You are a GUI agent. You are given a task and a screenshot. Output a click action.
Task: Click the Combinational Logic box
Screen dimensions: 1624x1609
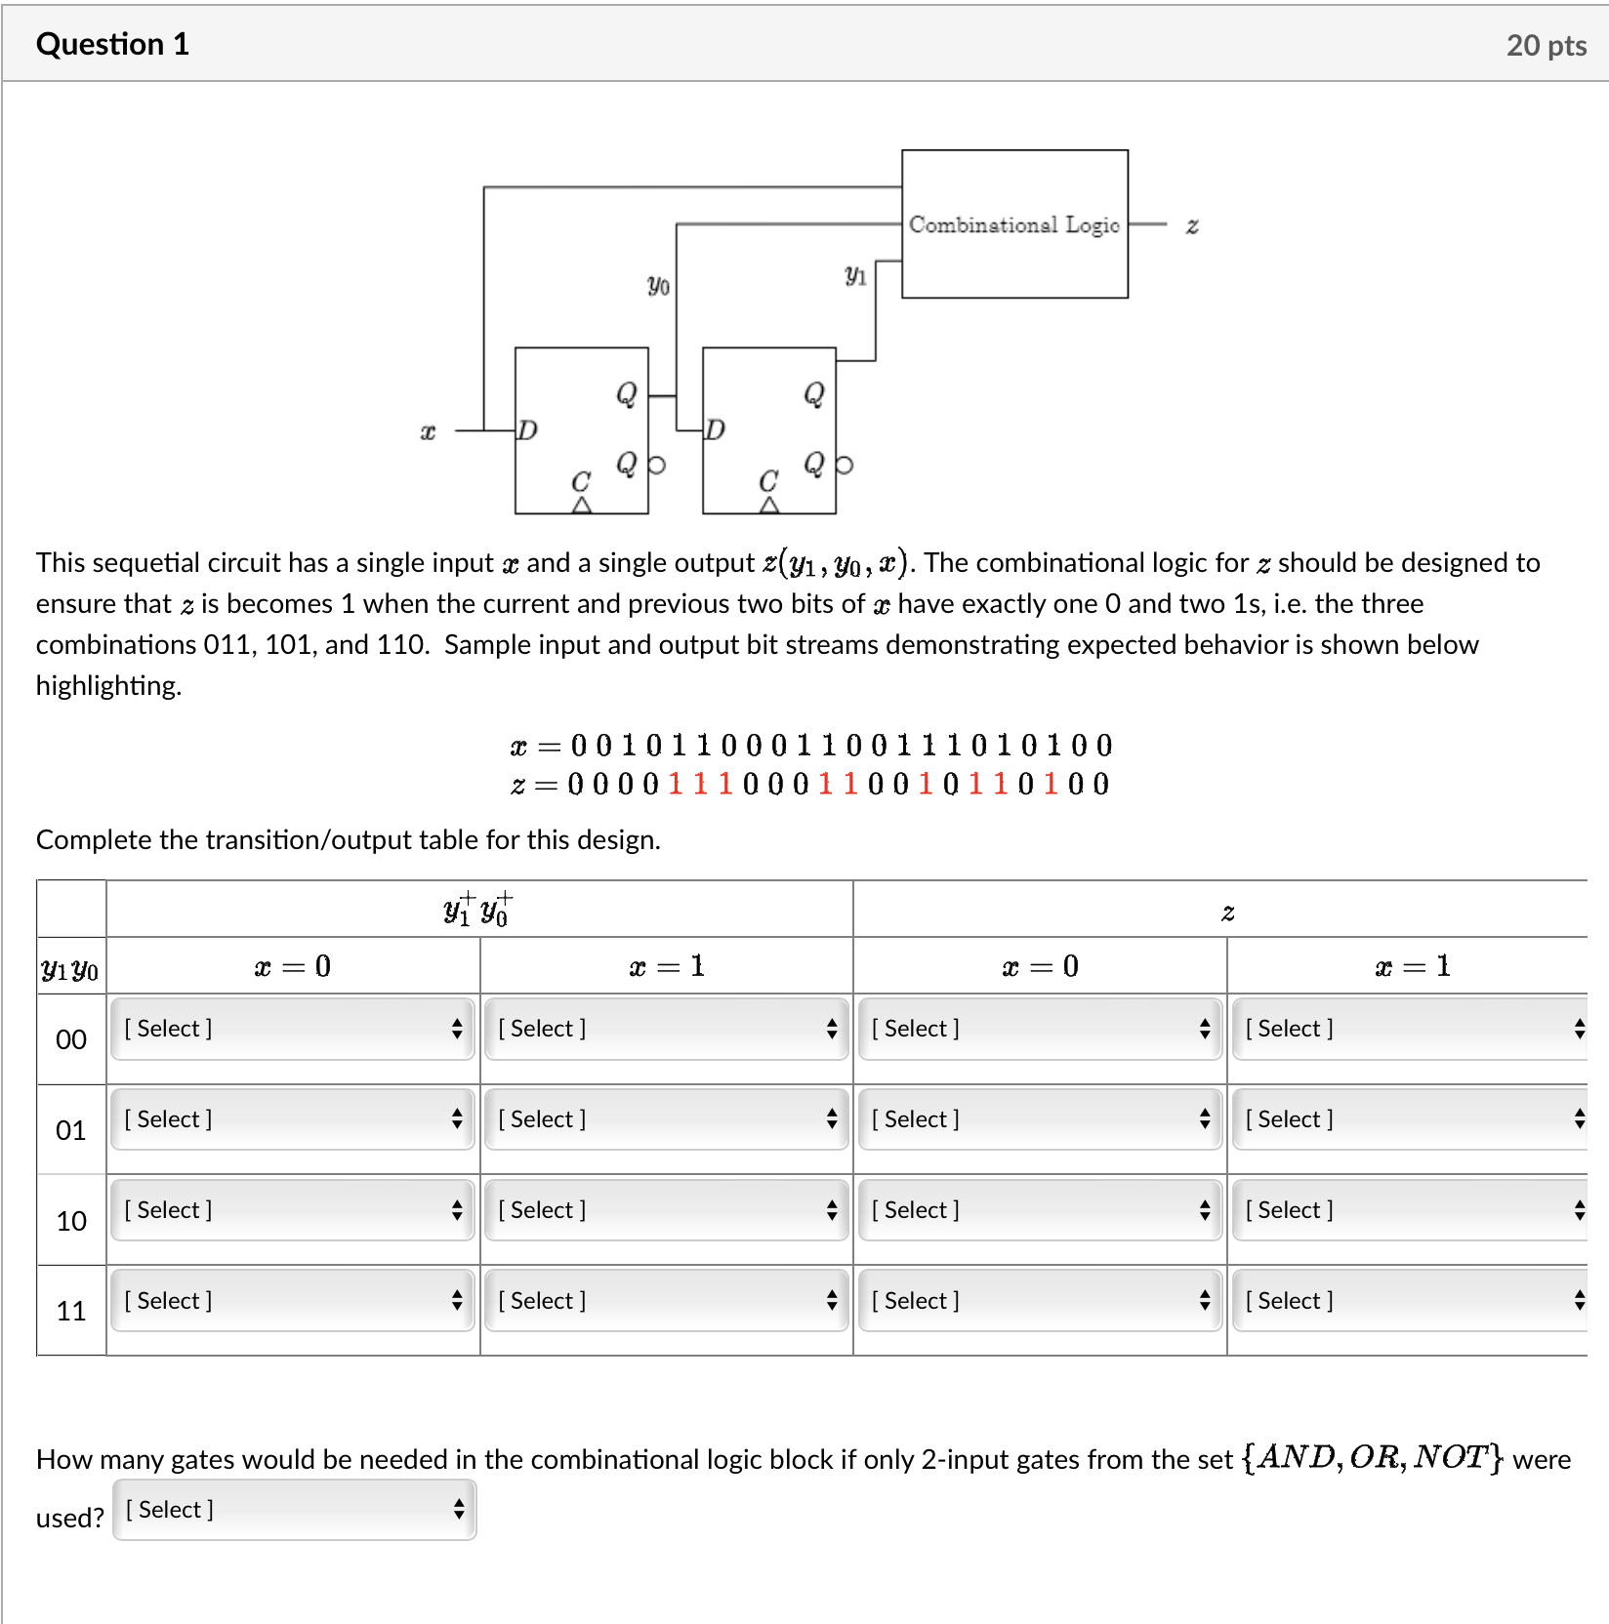1013,224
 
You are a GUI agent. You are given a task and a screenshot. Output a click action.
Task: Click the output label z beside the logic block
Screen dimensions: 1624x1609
1191,226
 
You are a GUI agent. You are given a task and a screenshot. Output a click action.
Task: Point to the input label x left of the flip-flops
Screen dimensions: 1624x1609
428,431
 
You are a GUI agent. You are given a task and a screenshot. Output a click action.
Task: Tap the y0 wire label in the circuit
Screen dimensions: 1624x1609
658,285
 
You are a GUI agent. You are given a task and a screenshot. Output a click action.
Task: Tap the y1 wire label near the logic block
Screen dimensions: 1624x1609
855,275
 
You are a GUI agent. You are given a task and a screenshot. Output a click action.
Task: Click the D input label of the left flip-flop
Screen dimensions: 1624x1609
527,430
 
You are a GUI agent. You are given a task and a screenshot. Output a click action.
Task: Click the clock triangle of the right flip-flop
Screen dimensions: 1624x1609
769,505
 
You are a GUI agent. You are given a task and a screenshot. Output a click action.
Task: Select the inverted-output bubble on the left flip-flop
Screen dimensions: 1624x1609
657,466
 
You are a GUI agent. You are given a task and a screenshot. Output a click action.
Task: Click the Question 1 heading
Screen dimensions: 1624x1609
112,44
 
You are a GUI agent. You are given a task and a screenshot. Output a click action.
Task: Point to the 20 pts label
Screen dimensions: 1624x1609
1546,45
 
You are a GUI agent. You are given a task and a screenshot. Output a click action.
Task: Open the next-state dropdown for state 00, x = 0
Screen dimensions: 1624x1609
292,1029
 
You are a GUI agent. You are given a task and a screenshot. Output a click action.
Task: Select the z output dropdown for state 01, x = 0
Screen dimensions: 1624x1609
1040,1119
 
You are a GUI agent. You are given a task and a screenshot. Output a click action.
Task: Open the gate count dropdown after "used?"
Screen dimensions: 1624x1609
294,1510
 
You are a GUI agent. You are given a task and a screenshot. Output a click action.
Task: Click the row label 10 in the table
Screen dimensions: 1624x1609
71,1221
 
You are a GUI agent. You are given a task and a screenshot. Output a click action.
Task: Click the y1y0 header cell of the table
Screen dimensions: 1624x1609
70,969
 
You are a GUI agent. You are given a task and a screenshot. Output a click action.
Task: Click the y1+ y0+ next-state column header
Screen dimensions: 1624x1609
477,910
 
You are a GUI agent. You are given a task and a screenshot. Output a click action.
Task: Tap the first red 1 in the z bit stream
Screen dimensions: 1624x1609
676,785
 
